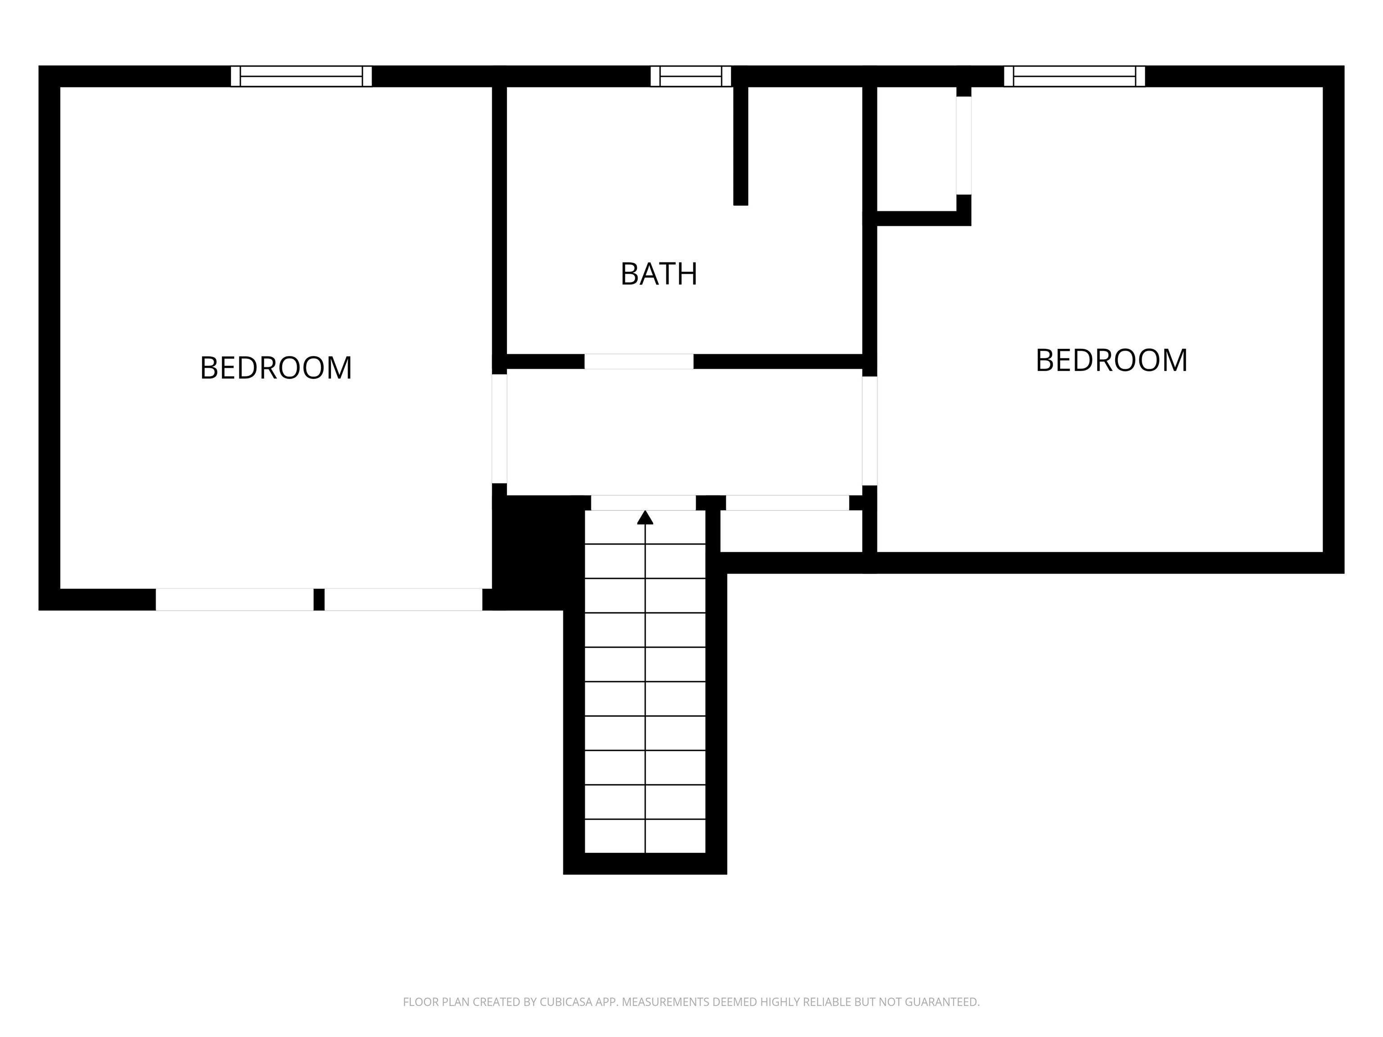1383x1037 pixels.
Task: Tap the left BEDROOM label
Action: (x=276, y=368)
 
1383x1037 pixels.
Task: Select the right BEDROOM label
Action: (x=1111, y=360)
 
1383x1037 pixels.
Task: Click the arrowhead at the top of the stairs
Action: (x=645, y=517)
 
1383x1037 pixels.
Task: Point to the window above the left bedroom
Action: (x=301, y=76)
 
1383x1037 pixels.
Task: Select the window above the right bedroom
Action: (x=1074, y=76)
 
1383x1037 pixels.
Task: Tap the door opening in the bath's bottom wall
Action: (x=639, y=361)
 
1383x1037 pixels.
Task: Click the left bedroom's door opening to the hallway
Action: (x=500, y=429)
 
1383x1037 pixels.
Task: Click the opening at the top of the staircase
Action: (x=643, y=503)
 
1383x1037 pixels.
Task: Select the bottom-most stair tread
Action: (x=645, y=836)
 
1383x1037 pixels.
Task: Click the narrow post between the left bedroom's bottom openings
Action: (x=319, y=600)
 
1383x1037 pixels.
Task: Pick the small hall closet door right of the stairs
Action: (x=787, y=503)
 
